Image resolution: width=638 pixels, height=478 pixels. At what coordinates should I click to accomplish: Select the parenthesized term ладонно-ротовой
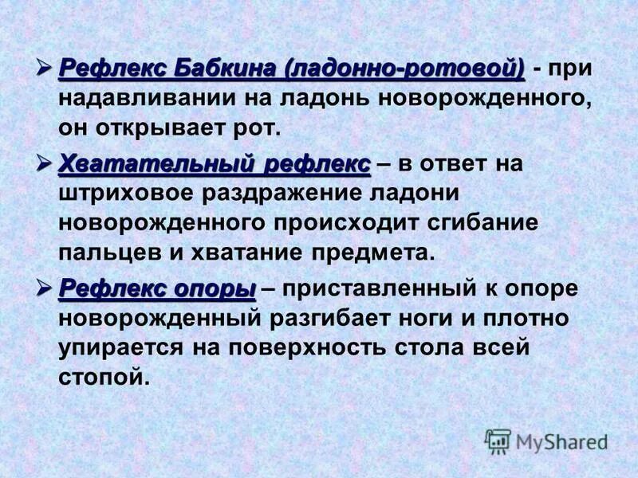(x=404, y=69)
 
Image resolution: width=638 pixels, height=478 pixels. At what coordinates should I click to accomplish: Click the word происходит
(x=343, y=224)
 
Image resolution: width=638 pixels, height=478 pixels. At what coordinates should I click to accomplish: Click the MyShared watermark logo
(x=546, y=441)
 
